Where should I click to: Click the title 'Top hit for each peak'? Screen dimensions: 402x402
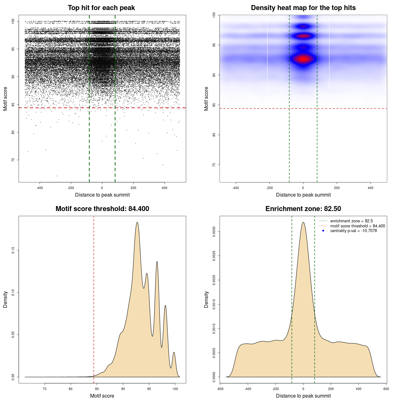tap(101, 8)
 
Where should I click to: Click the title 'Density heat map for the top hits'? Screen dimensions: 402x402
tap(303, 8)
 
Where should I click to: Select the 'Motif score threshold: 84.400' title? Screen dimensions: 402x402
tap(102, 209)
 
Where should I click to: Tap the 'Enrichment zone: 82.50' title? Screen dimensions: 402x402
tap(303, 209)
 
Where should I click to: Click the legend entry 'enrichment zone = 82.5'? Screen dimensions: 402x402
tap(351, 221)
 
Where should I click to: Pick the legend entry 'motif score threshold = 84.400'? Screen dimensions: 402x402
tap(357, 226)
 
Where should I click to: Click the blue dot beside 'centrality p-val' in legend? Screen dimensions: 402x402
tap(323, 231)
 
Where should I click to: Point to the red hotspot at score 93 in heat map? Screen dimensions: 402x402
tap(303, 59)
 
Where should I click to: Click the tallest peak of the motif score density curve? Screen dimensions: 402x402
tap(137, 223)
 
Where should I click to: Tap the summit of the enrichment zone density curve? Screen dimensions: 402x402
tap(303, 223)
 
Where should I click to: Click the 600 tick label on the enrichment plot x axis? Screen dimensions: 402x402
tap(386, 389)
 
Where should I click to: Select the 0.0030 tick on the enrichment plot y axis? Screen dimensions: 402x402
tap(214, 232)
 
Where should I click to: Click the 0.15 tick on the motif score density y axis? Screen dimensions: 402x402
tap(13, 250)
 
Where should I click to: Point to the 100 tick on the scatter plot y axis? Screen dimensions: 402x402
tap(13, 21)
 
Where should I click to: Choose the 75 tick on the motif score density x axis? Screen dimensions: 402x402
tap(45, 389)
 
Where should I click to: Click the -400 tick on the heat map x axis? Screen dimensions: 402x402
tap(236, 188)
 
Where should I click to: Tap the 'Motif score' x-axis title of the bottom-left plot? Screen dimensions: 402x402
tap(102, 396)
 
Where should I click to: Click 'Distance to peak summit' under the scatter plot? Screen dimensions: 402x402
tap(102, 195)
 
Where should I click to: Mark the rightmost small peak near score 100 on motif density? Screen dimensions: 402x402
tap(174, 352)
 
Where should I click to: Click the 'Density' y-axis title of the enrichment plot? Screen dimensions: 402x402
tap(206, 299)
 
